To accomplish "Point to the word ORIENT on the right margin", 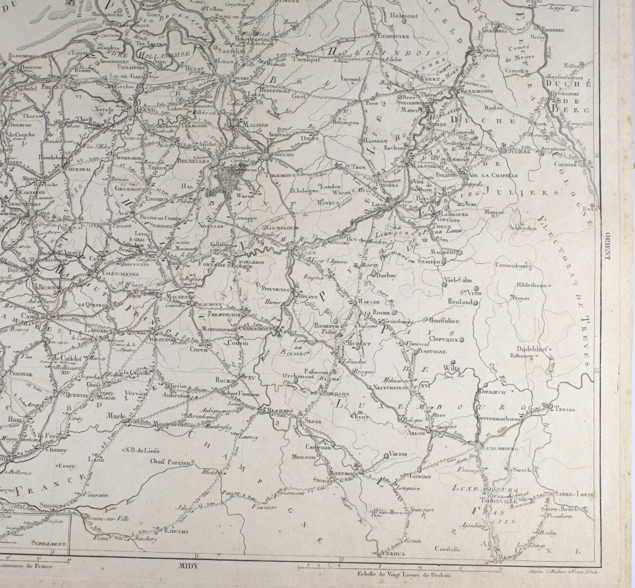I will pyautogui.click(x=607, y=244).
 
